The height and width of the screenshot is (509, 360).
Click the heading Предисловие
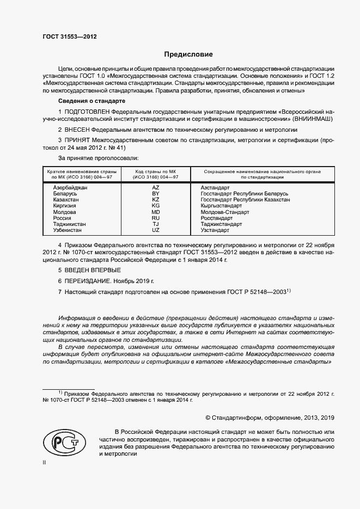point(188,55)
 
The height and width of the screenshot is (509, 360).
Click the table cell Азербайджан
point(71,187)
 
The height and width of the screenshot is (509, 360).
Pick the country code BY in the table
point(155,194)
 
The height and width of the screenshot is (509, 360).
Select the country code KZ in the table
point(155,200)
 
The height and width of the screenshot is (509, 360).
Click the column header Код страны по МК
point(155,174)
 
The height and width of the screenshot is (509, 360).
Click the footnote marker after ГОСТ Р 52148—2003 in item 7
point(290,291)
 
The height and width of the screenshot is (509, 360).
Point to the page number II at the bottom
point(44,463)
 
